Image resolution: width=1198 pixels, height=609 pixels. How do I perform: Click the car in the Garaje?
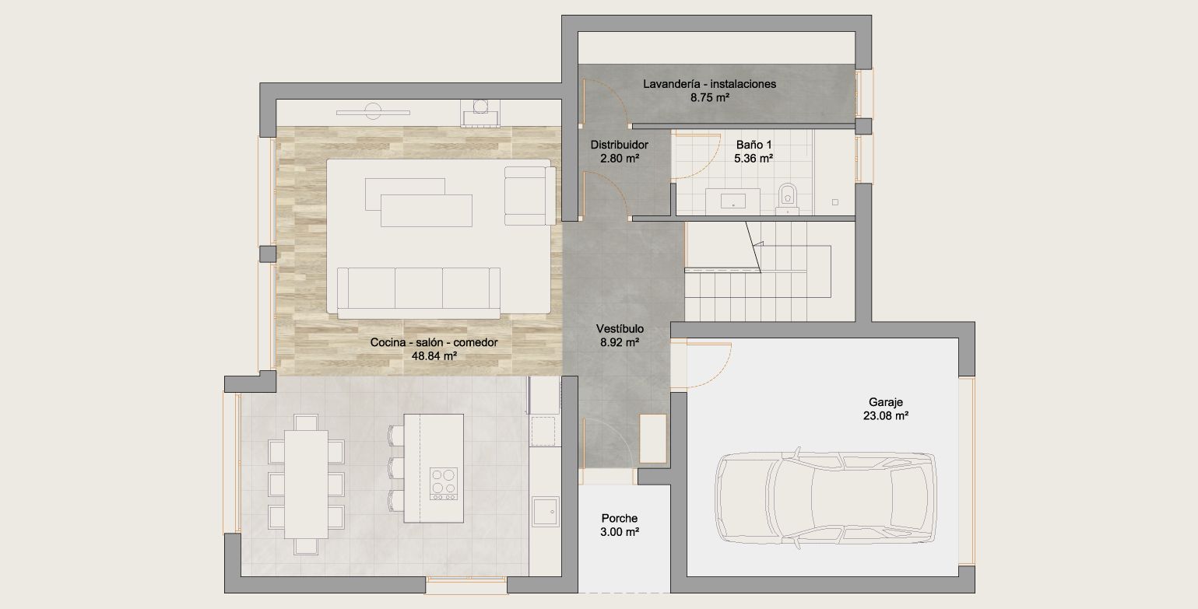click(x=826, y=498)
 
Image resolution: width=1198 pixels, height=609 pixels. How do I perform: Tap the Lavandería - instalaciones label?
click(x=709, y=84)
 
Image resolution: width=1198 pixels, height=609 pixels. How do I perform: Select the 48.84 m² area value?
click(x=434, y=355)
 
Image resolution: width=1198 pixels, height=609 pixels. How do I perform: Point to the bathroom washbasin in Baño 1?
click(x=733, y=201)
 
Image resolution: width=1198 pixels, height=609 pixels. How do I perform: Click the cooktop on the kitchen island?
click(x=444, y=484)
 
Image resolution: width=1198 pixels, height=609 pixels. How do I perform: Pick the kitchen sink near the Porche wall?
click(x=546, y=511)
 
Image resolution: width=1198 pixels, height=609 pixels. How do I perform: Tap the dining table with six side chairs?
click(x=306, y=484)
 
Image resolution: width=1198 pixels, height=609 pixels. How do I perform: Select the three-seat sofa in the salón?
click(x=419, y=292)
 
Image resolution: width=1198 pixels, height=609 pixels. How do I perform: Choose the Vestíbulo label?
click(x=620, y=328)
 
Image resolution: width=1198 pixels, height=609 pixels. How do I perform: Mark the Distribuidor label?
click(x=620, y=145)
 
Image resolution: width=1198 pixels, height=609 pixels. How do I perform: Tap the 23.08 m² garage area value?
click(x=886, y=415)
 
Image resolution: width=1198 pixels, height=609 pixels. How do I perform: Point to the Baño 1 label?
click(x=754, y=144)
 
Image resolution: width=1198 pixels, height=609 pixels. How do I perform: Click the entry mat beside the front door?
click(x=653, y=439)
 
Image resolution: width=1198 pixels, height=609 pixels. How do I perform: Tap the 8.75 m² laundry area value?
click(x=709, y=98)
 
